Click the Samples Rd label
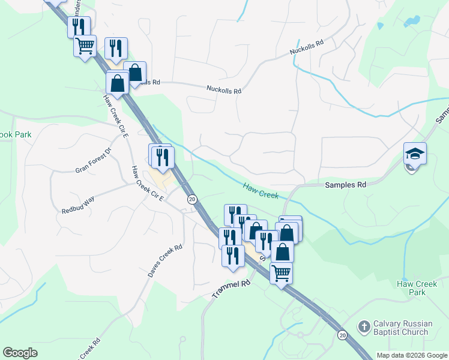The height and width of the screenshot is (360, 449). [x=345, y=185]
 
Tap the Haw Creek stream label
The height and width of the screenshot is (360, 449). [x=261, y=191]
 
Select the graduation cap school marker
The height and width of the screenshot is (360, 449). [x=415, y=154]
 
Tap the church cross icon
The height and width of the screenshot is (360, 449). [x=363, y=327]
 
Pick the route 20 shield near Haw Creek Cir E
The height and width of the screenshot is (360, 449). [x=191, y=199]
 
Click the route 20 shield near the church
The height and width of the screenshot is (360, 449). [x=342, y=334]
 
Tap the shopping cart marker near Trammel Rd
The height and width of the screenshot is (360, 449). [x=281, y=274]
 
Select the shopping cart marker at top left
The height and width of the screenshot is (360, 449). [x=85, y=45]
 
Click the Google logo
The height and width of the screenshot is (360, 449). [x=20, y=353]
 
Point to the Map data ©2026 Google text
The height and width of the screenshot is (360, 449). [x=411, y=355]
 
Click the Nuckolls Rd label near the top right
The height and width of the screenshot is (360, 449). [x=307, y=47]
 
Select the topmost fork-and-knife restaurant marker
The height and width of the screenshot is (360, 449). [x=79, y=26]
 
